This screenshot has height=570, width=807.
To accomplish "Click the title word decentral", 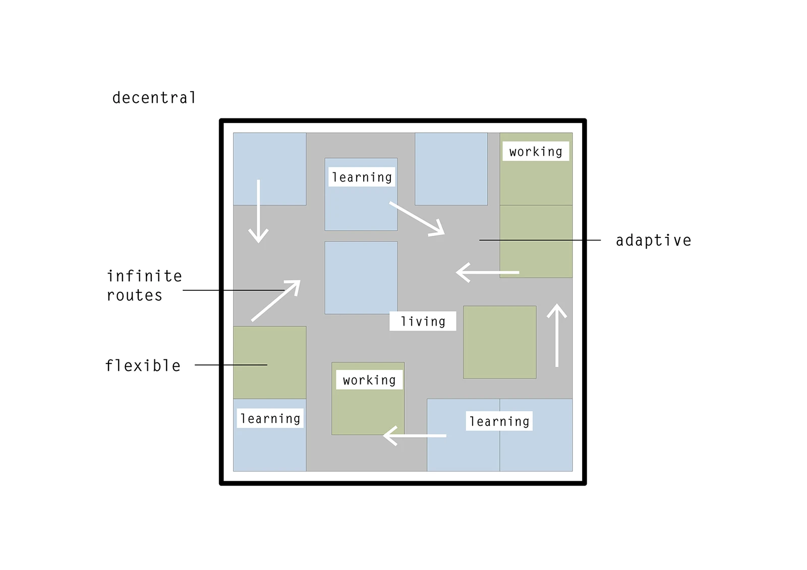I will (154, 97).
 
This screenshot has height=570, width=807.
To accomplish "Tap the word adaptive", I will (653, 240).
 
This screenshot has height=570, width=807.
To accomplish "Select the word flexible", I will (143, 365).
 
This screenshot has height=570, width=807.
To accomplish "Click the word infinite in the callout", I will (144, 276).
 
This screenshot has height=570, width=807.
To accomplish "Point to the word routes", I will (135, 295).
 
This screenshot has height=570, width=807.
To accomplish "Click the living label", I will (423, 321).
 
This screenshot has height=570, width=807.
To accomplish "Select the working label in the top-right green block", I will (536, 152).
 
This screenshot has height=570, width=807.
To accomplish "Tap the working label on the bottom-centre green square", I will (369, 380).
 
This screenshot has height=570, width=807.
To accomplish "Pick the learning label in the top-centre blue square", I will (362, 177).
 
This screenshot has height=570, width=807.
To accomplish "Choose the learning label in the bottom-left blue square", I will (270, 418).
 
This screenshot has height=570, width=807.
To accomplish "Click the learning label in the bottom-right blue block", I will (499, 421).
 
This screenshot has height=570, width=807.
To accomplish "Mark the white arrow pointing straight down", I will (259, 212).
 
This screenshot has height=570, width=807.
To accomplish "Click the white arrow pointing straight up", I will (557, 335).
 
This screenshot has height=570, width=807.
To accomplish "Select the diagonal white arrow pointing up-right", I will (276, 300).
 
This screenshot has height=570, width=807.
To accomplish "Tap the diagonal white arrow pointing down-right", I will (417, 219).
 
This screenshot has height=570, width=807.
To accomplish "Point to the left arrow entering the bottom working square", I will (415, 435).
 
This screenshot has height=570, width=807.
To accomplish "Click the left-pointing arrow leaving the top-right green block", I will (487, 272).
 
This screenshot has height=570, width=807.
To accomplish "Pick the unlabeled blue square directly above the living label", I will (361, 278).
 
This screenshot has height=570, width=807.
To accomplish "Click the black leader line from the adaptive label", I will (540, 240).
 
